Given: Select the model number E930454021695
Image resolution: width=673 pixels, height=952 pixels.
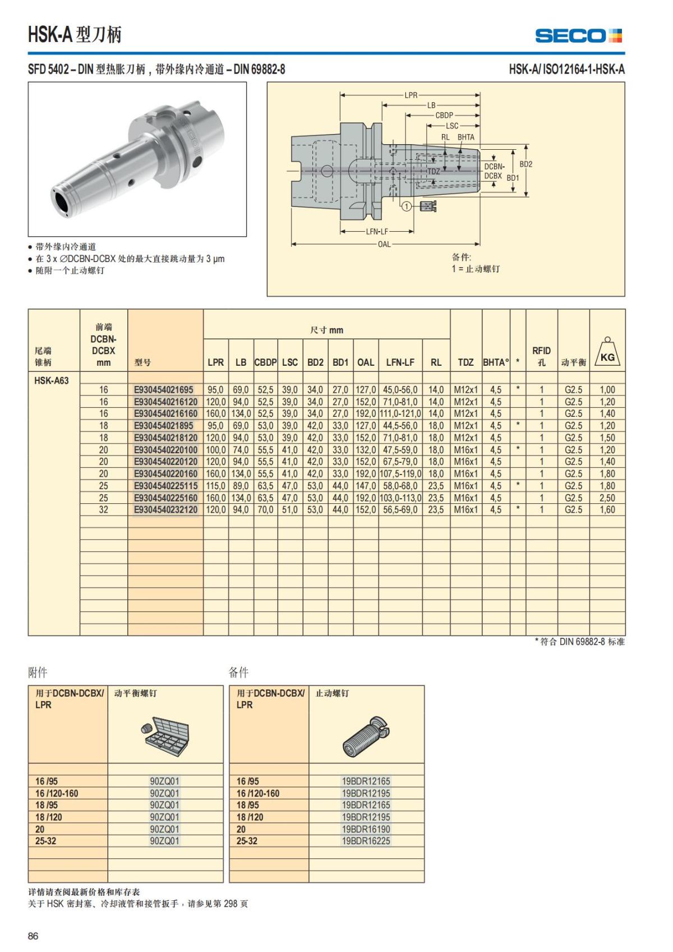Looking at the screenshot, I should tap(163, 389).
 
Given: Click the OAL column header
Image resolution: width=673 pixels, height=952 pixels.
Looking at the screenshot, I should tap(366, 362).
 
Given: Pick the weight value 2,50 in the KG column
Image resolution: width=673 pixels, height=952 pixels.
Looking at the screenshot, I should tap(607, 498).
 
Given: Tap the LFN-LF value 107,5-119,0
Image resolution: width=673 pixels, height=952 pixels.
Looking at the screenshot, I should tap(400, 473).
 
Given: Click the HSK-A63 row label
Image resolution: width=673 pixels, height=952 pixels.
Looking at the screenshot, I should tap(52, 380).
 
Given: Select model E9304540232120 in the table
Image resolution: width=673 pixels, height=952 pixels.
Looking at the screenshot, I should tap(166, 509).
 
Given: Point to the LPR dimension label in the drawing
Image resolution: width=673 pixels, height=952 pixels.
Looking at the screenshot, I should tap(411, 95).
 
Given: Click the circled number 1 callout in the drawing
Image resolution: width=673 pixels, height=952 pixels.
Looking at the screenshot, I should tap(405, 206).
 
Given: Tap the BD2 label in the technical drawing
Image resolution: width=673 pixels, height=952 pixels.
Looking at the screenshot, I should tap(526, 164).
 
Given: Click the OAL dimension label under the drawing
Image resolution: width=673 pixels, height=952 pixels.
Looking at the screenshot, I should tap(384, 244).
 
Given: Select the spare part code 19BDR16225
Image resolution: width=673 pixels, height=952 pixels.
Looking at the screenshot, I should tap(366, 840).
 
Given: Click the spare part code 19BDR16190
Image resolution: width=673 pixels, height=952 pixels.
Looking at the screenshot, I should tap(366, 829).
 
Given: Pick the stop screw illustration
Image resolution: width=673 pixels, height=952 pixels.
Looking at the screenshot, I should tap(366, 735).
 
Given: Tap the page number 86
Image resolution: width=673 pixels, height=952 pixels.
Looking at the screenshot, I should tap(34, 935).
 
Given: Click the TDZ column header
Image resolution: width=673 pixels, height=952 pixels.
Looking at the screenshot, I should tap(465, 362).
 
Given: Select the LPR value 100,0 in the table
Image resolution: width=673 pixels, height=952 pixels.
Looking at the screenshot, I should tap(215, 450).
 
